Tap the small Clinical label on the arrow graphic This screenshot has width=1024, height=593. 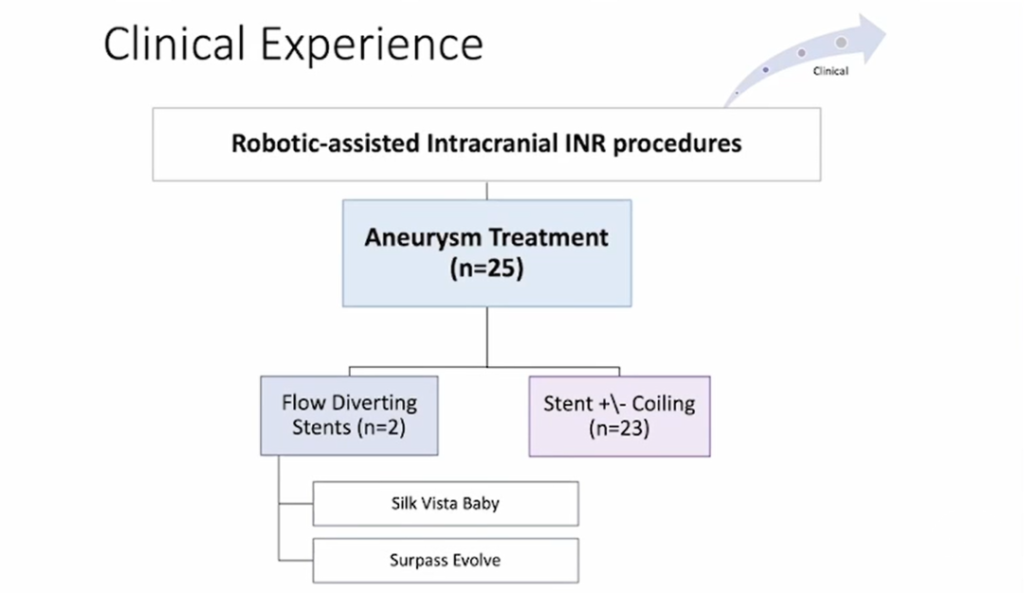coord(830,71)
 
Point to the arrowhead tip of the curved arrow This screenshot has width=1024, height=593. coord(886,30)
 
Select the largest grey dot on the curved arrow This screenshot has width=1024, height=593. coord(841,43)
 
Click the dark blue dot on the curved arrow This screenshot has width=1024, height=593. coord(765,69)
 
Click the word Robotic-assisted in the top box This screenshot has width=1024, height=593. coord(325,143)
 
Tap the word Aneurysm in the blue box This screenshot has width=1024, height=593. coord(421,237)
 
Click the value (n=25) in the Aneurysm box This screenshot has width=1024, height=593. coord(486,269)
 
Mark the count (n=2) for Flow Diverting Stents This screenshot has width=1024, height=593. coord(381,428)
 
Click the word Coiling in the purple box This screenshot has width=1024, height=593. coord(663,404)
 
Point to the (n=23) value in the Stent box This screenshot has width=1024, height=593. coord(619,429)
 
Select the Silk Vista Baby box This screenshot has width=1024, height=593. coord(446,504)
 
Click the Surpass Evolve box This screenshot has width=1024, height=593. coord(446,561)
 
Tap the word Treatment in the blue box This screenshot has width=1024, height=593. coord(549,237)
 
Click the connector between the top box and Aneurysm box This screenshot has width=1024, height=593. coord(486,191)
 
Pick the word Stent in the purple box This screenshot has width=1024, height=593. coord(568,404)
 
